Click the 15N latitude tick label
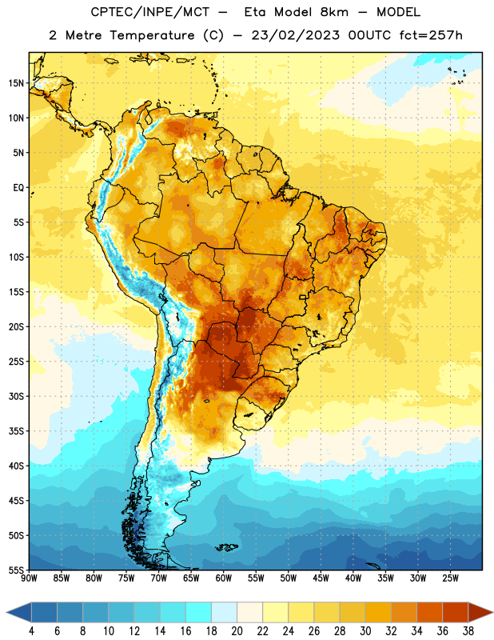pyautogui.click(x=16, y=83)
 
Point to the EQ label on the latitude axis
pyautogui.click(x=18, y=188)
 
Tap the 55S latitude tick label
pyautogui.click(x=16, y=570)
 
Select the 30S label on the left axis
pyautogui.click(x=16, y=396)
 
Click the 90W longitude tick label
pyautogui.click(x=30, y=578)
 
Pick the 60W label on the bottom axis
pyautogui.click(x=224, y=578)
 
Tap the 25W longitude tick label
pyautogui.click(x=450, y=578)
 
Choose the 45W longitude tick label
pyautogui.click(x=321, y=578)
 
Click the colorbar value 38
pyautogui.click(x=468, y=631)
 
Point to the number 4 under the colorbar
pyautogui.click(x=31, y=631)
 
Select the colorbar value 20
pyautogui.click(x=237, y=631)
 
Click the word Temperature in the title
pyautogui.click(x=152, y=35)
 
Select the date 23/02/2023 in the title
pyautogui.click(x=295, y=35)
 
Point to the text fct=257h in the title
pyautogui.click(x=431, y=35)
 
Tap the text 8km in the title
pyautogui.click(x=334, y=12)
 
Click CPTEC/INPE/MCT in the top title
pyautogui.click(x=149, y=12)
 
